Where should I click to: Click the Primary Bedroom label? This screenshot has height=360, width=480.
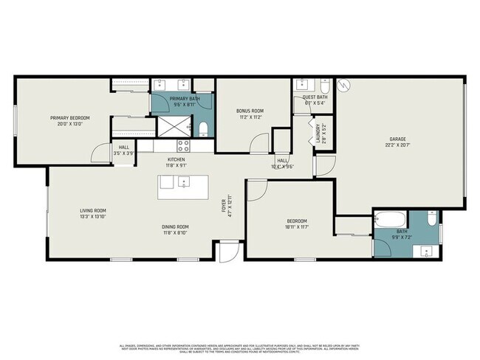(x=71, y=117)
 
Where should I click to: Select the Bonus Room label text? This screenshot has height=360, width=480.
(x=251, y=111)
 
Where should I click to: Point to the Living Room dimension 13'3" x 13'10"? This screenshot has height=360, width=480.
(x=94, y=217)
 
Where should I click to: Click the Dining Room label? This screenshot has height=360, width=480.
(x=176, y=226)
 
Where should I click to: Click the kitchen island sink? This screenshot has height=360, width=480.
(x=183, y=182)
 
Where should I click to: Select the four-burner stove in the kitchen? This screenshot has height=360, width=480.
(x=184, y=145)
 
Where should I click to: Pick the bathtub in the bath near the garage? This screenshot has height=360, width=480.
(x=388, y=218)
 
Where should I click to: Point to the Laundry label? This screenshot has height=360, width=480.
(x=319, y=132)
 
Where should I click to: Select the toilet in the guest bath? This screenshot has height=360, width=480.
(x=326, y=86)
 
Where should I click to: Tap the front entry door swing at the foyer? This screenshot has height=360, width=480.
(x=231, y=251)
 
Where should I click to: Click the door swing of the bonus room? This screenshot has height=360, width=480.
(x=258, y=143)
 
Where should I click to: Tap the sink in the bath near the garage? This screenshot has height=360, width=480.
(x=426, y=252)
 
